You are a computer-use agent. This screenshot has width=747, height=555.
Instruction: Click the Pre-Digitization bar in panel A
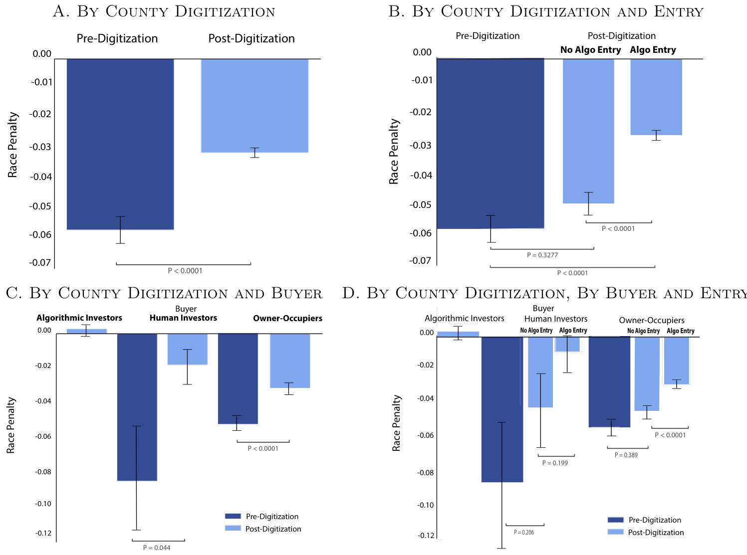coord(120,144)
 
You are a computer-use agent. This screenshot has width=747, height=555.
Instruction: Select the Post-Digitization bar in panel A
coord(254,106)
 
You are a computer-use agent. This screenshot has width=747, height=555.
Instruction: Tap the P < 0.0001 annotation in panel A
coord(185,271)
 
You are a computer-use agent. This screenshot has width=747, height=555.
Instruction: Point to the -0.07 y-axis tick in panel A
coord(40,262)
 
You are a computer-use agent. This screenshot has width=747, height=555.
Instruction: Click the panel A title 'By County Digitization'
coord(164,11)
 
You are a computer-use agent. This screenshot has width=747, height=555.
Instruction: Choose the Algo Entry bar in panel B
coord(656,97)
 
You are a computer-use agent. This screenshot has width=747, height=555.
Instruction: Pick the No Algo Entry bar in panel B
coord(588,131)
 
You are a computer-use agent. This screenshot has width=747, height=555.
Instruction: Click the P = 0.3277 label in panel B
coord(542,255)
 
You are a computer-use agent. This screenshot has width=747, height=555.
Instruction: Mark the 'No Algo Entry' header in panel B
coord(590,50)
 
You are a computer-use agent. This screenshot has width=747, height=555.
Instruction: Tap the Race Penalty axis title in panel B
coord(394,152)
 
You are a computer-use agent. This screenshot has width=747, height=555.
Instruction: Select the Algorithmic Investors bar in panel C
coord(87,331)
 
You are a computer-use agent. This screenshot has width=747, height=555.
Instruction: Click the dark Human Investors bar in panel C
coord(137,407)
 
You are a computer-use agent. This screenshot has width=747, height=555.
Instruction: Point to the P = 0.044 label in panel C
coord(157,548)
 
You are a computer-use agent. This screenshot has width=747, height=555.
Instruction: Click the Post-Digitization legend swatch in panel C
coord(233,528)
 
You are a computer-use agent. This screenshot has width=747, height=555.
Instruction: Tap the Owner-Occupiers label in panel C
coord(287,318)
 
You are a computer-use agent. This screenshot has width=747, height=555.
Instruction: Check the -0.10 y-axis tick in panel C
coord(43,504)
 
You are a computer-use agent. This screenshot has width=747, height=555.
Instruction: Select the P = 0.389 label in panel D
coord(626,455)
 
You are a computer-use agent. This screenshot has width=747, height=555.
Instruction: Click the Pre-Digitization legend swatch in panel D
coord(616,520)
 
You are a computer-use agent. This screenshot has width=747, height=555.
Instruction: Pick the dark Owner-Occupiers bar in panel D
coord(609,382)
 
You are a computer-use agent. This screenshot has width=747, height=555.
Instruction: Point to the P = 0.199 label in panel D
coord(555,463)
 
